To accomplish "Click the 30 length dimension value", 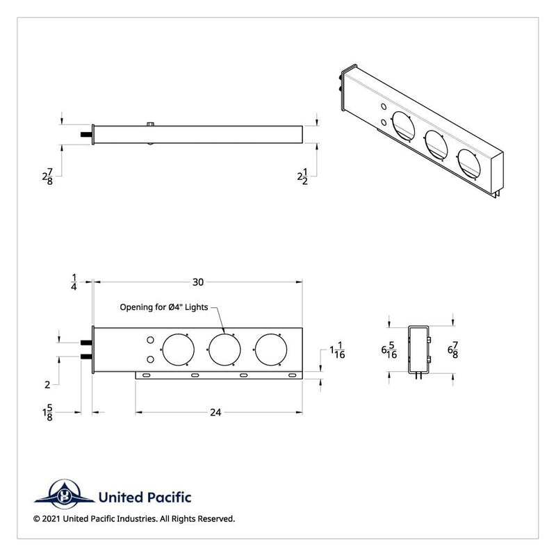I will [x=198, y=282].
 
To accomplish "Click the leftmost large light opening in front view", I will [x=177, y=350].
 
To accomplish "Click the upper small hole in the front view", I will [x=149, y=340].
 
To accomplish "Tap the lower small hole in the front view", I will [x=149, y=359].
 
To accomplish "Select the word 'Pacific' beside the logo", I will [x=167, y=497].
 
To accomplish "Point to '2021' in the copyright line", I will [x=53, y=518].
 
